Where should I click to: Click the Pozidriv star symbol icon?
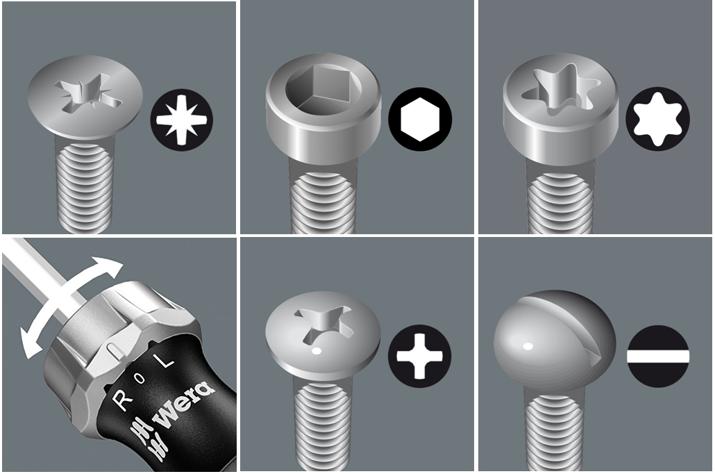(182, 120)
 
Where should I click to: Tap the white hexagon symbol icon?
(420, 119)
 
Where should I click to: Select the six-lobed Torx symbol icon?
(657, 119)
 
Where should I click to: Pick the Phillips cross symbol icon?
(419, 356)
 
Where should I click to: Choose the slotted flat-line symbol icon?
(658, 356)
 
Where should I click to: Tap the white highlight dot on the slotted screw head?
(528, 346)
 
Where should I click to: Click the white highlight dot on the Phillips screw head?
(317, 351)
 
